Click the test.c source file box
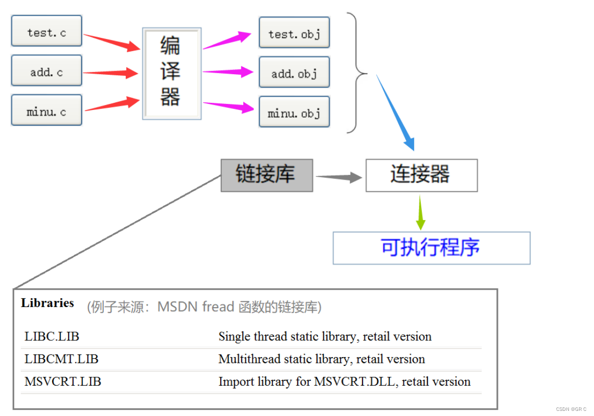coord(47,33)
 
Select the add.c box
coord(47,72)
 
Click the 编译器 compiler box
coord(171,73)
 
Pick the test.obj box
coord(294,34)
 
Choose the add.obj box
coord(294,73)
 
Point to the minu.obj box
coord(294,113)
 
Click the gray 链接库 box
coord(266,175)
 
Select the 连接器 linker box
coord(421,175)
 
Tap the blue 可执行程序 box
coord(431,248)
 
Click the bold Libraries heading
coord(48,303)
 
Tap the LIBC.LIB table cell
coord(52,337)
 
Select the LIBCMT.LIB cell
coord(61,359)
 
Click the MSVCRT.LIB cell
coord(63,382)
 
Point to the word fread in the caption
coord(218,307)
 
